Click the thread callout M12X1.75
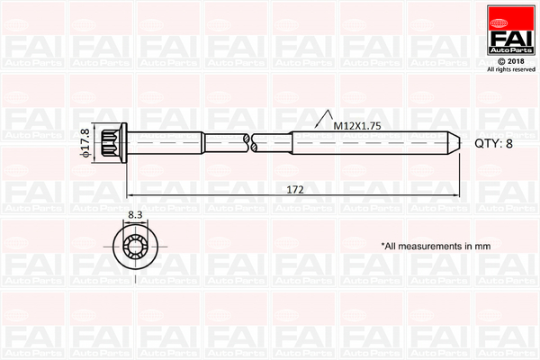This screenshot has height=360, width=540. (357, 126)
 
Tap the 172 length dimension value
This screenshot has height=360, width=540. (295, 190)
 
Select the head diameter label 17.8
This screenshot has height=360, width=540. (85, 139)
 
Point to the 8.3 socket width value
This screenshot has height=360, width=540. (135, 215)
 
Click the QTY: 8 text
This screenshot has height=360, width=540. (493, 143)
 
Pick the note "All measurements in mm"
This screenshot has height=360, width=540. (436, 247)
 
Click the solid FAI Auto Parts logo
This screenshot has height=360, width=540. (511, 30)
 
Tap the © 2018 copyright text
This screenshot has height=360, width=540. (511, 61)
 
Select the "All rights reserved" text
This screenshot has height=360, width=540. (511, 69)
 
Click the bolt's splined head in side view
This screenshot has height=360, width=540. (110, 142)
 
